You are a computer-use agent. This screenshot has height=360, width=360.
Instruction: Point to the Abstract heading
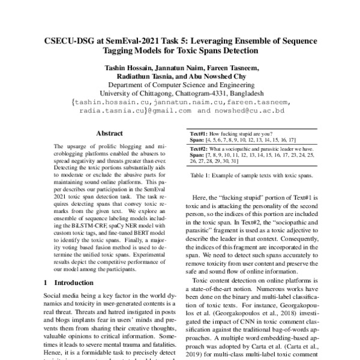(x=109, y=133)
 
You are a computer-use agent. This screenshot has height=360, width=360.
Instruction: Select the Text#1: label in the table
(x=199, y=133)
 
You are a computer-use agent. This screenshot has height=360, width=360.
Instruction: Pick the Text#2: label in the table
(x=199, y=148)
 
